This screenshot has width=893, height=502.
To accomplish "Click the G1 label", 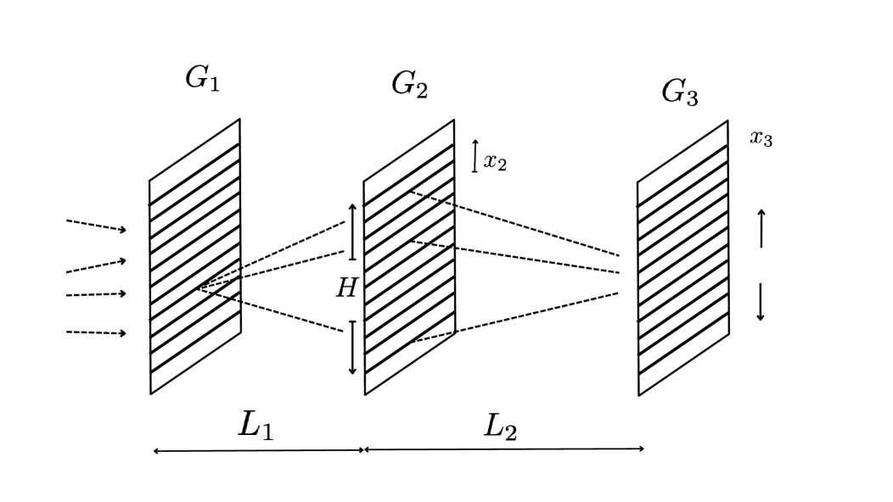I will pyautogui.click(x=202, y=79).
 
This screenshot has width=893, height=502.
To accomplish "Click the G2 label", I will pyautogui.click(x=409, y=84).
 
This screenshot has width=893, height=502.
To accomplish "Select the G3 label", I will pyautogui.click(x=680, y=92).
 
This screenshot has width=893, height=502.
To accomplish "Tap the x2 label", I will pyautogui.click(x=495, y=162).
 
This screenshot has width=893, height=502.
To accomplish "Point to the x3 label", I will pyautogui.click(x=761, y=138).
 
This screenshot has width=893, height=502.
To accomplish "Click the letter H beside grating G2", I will pyautogui.click(x=345, y=289).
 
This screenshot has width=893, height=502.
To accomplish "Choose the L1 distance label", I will pyautogui.click(x=256, y=425).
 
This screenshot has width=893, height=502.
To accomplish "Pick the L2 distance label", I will pyautogui.click(x=500, y=427).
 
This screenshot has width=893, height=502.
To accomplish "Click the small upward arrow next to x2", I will pyautogui.click(x=475, y=156).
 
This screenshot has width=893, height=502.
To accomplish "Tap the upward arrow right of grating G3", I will pyautogui.click(x=761, y=228).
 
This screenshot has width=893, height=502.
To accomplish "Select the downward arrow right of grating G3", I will pyautogui.click(x=761, y=302).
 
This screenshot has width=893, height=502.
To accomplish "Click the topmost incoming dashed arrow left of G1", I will pyautogui.click(x=96, y=226).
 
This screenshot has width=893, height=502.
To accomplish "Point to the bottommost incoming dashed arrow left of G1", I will pyautogui.click(x=96, y=332).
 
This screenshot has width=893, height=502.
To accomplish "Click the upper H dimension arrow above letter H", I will pyautogui.click(x=352, y=231).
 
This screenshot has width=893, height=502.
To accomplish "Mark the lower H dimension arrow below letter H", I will pyautogui.click(x=352, y=348).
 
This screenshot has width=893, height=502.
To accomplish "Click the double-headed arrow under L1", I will pyautogui.click(x=259, y=451).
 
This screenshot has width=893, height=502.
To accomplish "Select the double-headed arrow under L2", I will pyautogui.click(x=504, y=449).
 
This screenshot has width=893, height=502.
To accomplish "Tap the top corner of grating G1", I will pyautogui.click(x=239, y=120).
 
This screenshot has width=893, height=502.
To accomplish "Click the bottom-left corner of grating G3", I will pyautogui.click(x=639, y=395).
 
